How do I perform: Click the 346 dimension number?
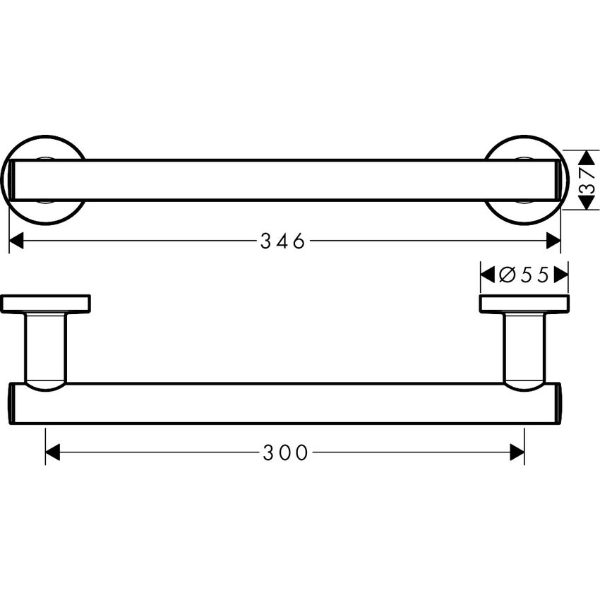(x=282, y=241)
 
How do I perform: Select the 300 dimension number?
(x=286, y=453)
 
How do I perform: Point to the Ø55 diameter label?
(x=524, y=275)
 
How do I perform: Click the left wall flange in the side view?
(x=45, y=304)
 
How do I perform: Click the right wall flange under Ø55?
(x=524, y=304)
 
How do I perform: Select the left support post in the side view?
(x=45, y=348)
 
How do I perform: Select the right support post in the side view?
(x=524, y=348)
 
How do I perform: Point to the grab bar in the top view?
(x=282, y=180)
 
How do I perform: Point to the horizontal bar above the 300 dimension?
(x=282, y=404)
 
